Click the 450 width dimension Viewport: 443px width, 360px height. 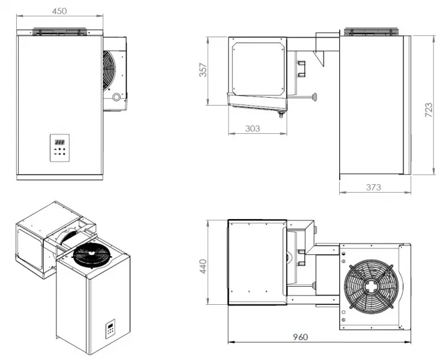click(58, 10)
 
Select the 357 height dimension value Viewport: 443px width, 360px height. click(203, 70)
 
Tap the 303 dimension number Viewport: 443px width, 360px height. click(253, 128)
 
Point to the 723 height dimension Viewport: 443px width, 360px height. click(429, 109)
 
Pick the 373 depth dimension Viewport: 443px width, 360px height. click(373, 188)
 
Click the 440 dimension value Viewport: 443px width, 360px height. click(203, 264)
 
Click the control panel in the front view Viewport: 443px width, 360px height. click(59, 148)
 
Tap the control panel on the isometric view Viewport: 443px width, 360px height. click(112, 329)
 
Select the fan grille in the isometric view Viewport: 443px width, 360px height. click(92, 256)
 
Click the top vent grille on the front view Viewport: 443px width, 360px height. click(59, 30)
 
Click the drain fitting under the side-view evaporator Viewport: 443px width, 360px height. click(279, 114)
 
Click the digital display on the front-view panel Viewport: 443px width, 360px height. click(59, 142)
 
